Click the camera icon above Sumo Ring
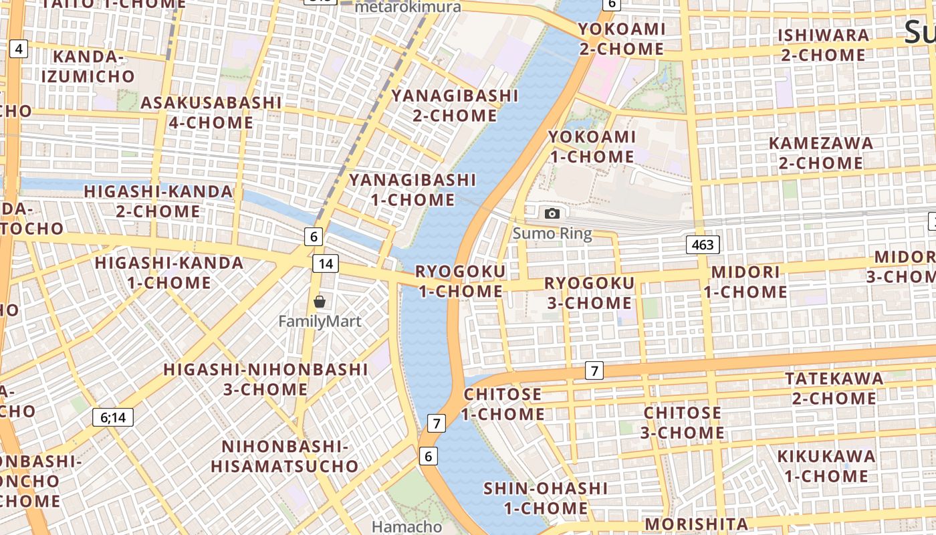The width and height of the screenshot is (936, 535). pyautogui.click(x=552, y=213)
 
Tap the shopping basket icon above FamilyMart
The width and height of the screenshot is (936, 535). pyautogui.click(x=320, y=302)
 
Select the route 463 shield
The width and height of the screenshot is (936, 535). pyautogui.click(x=703, y=245)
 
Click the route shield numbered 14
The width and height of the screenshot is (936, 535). pyautogui.click(x=326, y=263)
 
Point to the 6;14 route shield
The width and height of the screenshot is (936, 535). pyautogui.click(x=113, y=418)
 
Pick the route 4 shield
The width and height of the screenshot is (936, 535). pyautogui.click(x=19, y=48)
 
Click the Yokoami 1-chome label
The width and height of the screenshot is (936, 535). pyautogui.click(x=592, y=146)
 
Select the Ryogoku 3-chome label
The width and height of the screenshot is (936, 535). pyautogui.click(x=589, y=293)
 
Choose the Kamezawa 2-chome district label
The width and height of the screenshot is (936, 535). pyautogui.click(x=820, y=152)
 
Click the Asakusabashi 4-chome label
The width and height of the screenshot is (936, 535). pyautogui.click(x=211, y=112)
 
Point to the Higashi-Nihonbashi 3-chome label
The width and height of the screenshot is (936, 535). pyautogui.click(x=265, y=379)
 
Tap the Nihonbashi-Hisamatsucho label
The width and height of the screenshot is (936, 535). pyautogui.click(x=285, y=456)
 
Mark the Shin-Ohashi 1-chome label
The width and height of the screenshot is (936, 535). pyautogui.click(x=546, y=498)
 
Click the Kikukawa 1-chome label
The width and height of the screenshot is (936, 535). pyautogui.click(x=826, y=466)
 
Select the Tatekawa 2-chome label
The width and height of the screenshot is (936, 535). pyautogui.click(x=834, y=389)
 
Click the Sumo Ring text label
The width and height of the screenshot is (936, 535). pyautogui.click(x=552, y=234)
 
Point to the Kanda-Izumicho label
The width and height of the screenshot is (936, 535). pyautogui.click(x=88, y=66)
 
